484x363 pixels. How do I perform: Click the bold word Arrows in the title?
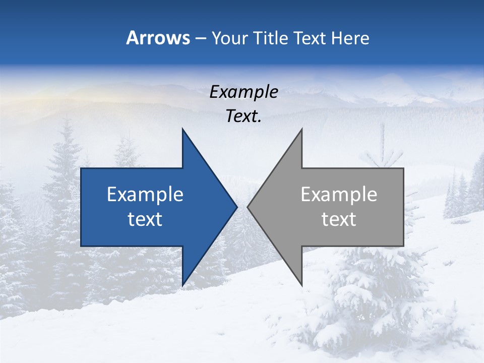coord(158,38)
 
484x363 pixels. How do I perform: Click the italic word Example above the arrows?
coord(244,92)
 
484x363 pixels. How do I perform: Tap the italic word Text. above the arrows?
coord(244,116)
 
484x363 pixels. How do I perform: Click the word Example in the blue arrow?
coord(145,195)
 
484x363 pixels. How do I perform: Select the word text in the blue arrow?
coord(145,219)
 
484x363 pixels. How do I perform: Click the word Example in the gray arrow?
coord(339,195)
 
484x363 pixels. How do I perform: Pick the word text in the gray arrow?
coord(339,219)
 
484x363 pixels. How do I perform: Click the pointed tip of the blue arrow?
coord(236,207)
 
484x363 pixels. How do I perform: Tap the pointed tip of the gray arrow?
coord(248,207)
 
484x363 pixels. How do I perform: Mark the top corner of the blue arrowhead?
coord(183,130)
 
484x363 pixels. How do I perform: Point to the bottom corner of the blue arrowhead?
coord(183,285)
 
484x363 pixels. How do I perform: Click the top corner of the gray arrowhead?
coord(301,130)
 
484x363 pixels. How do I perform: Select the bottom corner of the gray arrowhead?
coord(301,285)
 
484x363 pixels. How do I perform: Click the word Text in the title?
coord(311,38)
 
